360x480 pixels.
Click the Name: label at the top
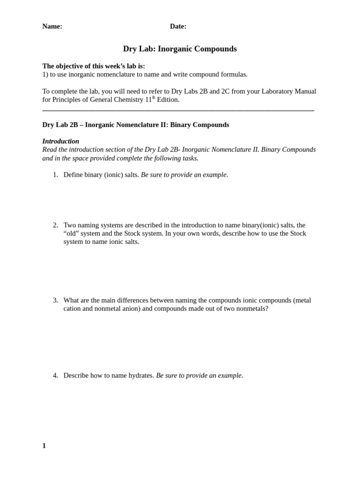coord(52,27)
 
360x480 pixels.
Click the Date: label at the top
coord(178,27)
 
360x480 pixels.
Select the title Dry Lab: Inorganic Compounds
coord(180,49)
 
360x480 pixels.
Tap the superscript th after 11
coord(154,97)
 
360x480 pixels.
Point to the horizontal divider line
coord(178,111)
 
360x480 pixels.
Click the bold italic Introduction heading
coord(60,141)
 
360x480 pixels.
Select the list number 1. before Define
coord(55,175)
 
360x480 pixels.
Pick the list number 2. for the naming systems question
coord(55,225)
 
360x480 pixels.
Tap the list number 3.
coord(55,300)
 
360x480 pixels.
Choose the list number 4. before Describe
coord(55,375)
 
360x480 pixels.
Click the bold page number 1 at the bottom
coord(44,446)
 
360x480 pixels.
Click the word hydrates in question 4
coord(141,375)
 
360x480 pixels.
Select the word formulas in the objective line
coord(234,75)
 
